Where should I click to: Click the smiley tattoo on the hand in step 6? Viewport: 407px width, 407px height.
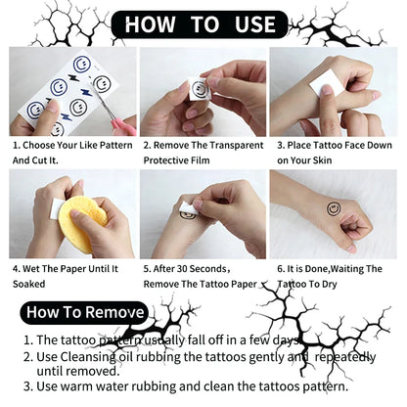(x=334, y=207)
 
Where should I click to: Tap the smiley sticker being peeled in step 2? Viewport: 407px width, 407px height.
(x=200, y=89)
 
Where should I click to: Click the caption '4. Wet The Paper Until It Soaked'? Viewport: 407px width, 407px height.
(x=68, y=273)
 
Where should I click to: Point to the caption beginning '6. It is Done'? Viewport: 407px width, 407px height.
(x=334, y=273)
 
